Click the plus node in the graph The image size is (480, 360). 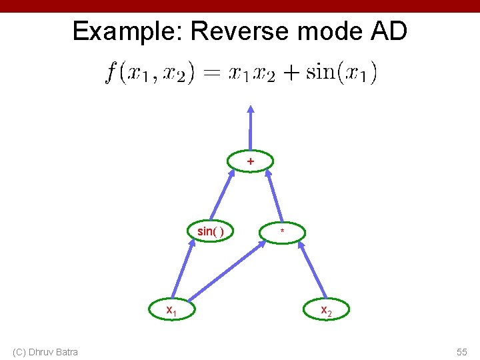[x=250, y=161]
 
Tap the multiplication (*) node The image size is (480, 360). [x=283, y=232]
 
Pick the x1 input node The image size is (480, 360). [x=171, y=309]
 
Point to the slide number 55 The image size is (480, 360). [x=461, y=352]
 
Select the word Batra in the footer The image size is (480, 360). [x=67, y=352]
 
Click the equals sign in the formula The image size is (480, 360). [x=211, y=73]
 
